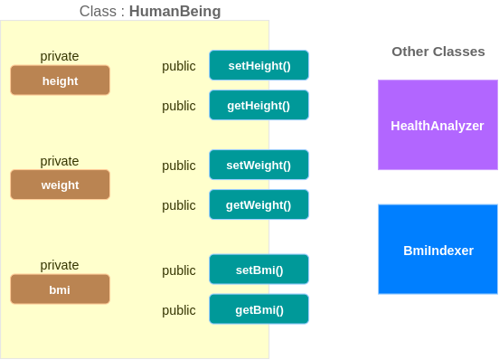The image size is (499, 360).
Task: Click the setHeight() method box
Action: click(259, 66)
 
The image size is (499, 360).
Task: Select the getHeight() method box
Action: click(259, 106)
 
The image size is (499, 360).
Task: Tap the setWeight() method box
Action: click(259, 166)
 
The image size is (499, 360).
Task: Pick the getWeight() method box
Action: click(259, 205)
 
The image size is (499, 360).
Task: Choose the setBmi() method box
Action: click(259, 270)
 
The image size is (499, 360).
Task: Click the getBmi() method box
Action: click(259, 310)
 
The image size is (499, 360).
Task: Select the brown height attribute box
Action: click(60, 81)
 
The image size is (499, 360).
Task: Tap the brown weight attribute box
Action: click(60, 185)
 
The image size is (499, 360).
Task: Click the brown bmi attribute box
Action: click(60, 289)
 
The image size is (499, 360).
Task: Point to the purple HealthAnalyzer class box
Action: click(437, 126)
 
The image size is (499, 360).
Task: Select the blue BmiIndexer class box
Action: click(437, 250)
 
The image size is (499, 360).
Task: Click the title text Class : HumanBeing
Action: click(150, 11)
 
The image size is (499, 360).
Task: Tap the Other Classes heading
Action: click(438, 52)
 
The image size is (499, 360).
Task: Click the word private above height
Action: click(60, 56)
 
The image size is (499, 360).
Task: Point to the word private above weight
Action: click(60, 161)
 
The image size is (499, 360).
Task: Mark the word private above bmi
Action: click(60, 265)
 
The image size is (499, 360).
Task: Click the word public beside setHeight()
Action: click(179, 66)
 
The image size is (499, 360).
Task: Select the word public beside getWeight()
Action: click(179, 205)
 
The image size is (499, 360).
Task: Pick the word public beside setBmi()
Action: click(179, 270)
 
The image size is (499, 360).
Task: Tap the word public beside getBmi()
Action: click(179, 310)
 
